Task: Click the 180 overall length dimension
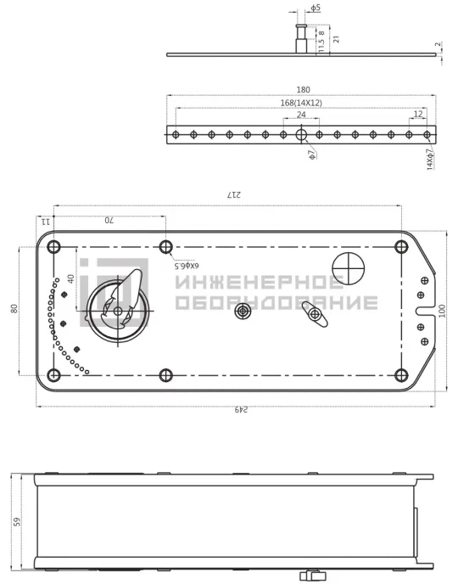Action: [x=303, y=90]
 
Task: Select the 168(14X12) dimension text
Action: [x=301, y=103]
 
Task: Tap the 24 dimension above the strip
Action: [x=301, y=115]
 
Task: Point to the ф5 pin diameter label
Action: [x=316, y=8]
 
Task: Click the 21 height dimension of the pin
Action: [x=337, y=39]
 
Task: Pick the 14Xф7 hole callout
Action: [x=430, y=160]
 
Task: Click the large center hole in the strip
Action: [x=301, y=134]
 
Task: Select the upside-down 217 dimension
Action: [x=234, y=194]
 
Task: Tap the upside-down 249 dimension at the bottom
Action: [x=241, y=410]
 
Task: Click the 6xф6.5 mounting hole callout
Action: [x=187, y=266]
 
